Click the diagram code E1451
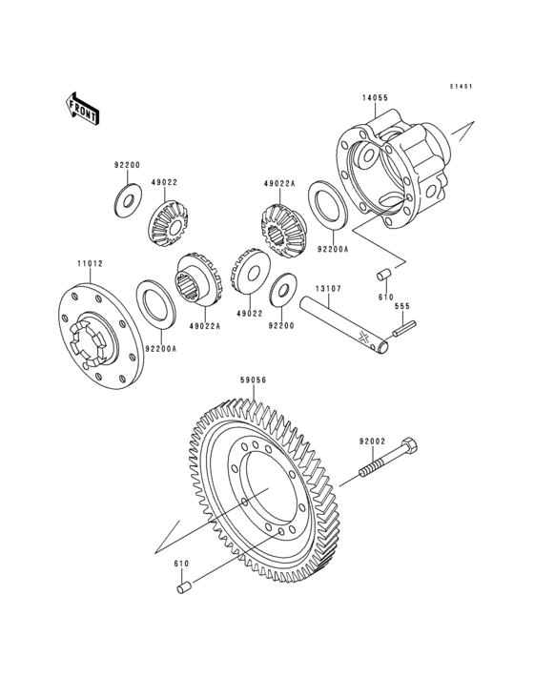tap(462, 86)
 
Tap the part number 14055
tap(374, 98)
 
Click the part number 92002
tap(372, 441)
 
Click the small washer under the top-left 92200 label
tap(125, 201)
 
